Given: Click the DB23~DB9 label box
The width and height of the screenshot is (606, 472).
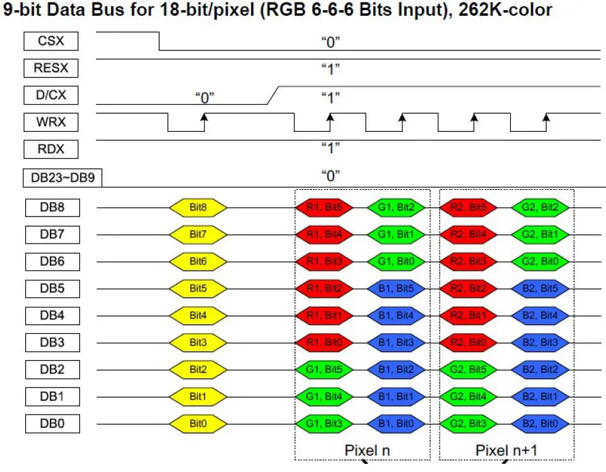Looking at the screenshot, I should coord(62,178).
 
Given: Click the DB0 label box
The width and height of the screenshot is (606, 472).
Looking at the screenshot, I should coord(52,423).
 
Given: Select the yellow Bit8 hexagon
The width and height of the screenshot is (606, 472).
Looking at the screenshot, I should coord(198,207).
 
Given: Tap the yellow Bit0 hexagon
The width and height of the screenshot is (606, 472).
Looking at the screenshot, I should coord(198,423).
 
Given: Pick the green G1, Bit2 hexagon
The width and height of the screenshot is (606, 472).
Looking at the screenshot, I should coord(395,207).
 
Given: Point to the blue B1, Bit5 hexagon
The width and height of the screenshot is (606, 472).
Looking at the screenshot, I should coord(395,288).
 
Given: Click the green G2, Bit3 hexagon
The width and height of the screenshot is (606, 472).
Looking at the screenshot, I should coord(468,423).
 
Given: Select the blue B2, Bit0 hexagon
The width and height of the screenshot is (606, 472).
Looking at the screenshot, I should coord(540,423).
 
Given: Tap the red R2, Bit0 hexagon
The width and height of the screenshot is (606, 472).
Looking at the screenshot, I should coord(468,343).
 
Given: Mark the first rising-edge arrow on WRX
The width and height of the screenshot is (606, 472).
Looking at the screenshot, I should coord(204,117).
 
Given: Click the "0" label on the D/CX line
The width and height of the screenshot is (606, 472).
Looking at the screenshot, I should coord(204,97).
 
